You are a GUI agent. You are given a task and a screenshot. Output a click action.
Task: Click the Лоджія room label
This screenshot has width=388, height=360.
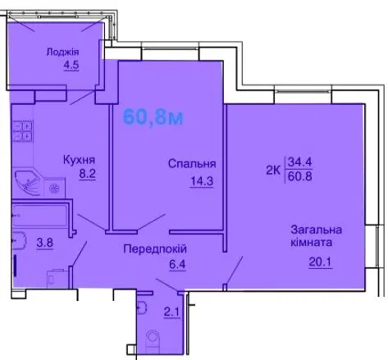pos(62,52)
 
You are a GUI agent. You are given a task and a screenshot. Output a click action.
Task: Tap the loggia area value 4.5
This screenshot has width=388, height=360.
pos(71,65)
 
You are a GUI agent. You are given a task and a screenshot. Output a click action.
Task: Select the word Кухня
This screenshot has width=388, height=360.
pos(79,160)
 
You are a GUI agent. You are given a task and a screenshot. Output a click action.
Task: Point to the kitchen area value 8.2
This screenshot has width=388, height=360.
pos(88,174)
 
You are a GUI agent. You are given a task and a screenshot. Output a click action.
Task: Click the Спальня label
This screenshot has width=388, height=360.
pos(192,164)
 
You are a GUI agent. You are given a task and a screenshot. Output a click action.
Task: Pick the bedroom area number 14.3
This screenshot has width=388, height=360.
pos(202,181)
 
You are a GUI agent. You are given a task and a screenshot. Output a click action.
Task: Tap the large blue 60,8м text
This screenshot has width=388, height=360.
pos(153,117)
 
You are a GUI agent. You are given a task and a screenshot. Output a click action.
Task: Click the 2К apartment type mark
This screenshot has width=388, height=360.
pos(273,171)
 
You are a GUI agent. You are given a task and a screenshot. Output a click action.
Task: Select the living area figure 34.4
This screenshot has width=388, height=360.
pos(300,162)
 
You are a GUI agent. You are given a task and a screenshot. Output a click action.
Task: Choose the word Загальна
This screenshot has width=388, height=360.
pos(317,230)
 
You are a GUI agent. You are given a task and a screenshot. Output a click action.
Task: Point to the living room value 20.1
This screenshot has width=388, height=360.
pos(320,262)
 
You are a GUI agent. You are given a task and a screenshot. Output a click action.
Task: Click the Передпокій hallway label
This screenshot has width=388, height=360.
pos(155,249)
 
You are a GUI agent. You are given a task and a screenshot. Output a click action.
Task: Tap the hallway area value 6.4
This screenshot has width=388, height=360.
pos(177,264)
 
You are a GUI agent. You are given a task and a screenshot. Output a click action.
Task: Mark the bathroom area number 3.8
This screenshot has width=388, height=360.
pos(45,243)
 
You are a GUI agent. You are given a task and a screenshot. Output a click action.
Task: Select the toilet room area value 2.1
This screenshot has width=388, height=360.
pos(171,312)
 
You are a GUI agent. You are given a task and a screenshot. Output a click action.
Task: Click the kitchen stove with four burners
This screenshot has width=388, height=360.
pos(23,131)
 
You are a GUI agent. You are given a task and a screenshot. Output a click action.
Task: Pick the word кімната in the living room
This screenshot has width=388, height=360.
pos(312,243)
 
